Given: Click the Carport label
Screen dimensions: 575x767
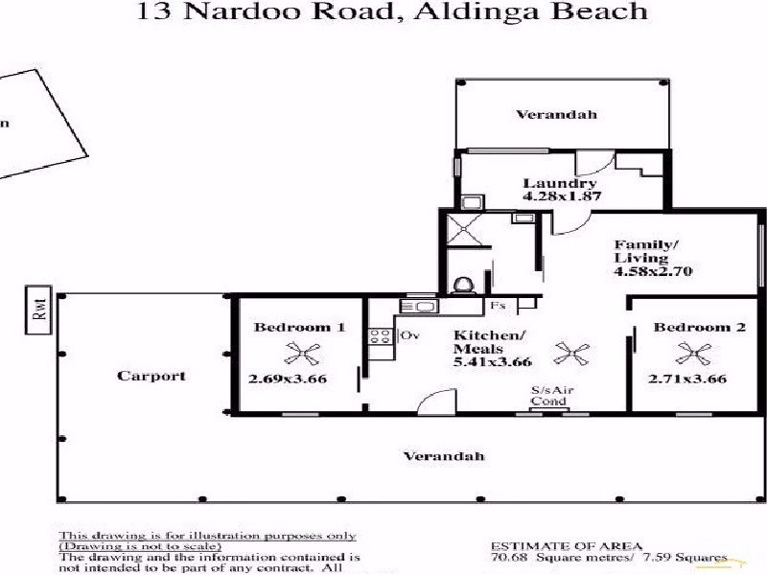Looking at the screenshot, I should point(151,376).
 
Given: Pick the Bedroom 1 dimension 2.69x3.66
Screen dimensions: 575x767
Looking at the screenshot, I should point(288,379).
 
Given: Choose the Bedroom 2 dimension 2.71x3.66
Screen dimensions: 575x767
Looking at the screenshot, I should point(687,379).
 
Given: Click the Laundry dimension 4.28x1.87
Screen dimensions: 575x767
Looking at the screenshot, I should point(562,196).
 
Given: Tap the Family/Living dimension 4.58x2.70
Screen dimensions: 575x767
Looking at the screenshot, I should point(653,271).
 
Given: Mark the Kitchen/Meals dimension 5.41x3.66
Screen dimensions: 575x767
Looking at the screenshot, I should point(493,362).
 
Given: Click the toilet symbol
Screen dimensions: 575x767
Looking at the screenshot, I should point(464,286).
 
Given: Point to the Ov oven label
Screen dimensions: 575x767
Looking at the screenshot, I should point(410,335).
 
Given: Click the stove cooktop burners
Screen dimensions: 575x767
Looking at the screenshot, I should point(381,336).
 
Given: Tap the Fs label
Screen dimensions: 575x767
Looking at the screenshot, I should point(499,306).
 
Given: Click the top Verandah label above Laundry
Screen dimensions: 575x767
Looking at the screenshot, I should point(556,114).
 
